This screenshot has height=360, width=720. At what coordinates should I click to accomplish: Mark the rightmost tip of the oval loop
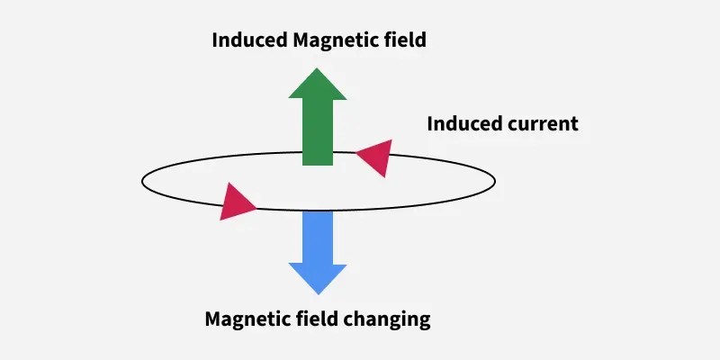click(x=495, y=181)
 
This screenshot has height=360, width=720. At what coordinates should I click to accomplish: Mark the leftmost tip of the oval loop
click(x=142, y=181)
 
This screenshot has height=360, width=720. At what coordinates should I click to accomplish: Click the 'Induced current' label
click(x=502, y=123)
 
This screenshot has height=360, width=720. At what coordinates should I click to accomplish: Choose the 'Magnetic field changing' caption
click(x=318, y=319)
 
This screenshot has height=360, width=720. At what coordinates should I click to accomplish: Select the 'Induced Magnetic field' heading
click(x=318, y=40)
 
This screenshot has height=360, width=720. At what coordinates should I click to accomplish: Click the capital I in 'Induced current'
click(x=430, y=123)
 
